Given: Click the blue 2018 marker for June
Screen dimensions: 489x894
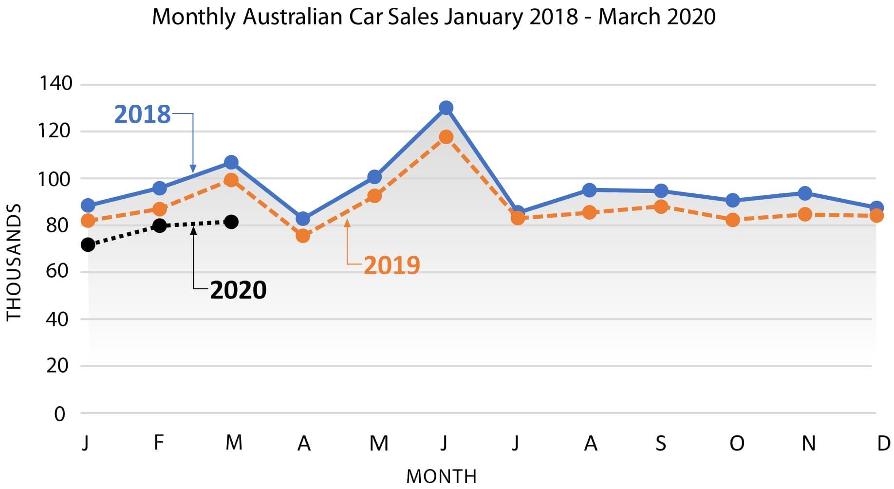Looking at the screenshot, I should click(x=446, y=108).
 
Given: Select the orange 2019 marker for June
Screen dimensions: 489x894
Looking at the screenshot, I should click(x=446, y=137).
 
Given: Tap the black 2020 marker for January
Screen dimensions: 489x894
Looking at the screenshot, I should click(x=88, y=244).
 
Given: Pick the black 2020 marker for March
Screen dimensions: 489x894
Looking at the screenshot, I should click(x=232, y=222).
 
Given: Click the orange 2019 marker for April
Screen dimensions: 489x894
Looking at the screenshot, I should click(x=303, y=236).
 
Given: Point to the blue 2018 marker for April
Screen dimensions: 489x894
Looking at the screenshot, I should click(x=303, y=219).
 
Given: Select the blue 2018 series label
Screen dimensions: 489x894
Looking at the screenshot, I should click(x=142, y=114).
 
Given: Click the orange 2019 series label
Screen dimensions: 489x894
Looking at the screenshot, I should click(x=391, y=265).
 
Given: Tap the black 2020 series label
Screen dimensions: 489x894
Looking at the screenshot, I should click(x=238, y=290).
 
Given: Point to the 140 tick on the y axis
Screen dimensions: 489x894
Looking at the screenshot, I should click(x=56, y=83).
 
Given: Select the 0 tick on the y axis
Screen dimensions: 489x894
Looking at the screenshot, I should click(x=59, y=414).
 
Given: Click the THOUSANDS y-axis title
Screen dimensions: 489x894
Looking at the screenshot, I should click(x=14, y=262).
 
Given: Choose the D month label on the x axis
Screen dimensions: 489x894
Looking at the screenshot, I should click(x=883, y=443).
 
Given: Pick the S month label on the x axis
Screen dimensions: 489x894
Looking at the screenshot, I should click(x=661, y=443).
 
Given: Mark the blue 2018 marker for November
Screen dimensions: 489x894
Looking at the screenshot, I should click(x=805, y=193).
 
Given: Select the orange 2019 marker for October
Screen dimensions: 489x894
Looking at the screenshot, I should click(x=732, y=220).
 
